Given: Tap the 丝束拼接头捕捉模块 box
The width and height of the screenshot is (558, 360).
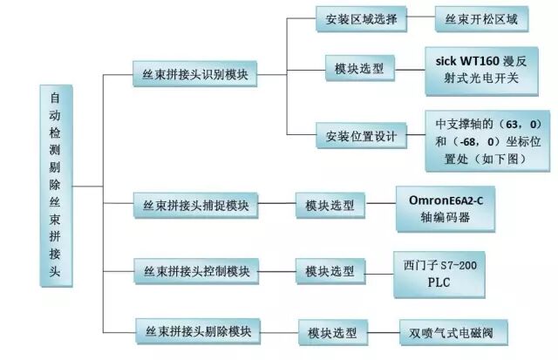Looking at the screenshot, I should click(x=196, y=206).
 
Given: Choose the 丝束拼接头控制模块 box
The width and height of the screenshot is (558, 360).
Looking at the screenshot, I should click(x=196, y=271).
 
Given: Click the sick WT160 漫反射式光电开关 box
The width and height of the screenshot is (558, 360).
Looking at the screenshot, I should click(x=481, y=70).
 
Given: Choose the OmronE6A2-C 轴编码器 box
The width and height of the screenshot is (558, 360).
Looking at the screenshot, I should click(x=445, y=207).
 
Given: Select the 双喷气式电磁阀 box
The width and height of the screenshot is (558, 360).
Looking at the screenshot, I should click(x=453, y=331).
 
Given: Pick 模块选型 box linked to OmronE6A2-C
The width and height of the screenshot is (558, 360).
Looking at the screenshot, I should click(x=330, y=206).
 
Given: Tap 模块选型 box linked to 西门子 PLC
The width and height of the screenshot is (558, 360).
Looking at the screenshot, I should click(x=330, y=271).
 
